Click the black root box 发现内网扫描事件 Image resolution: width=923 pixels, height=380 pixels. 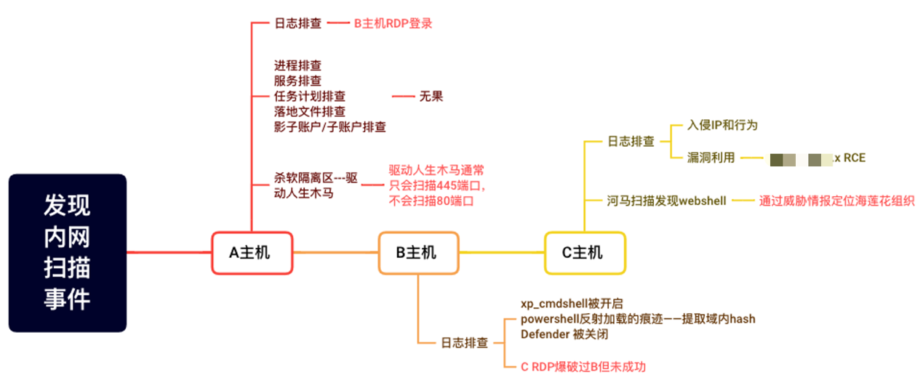pos(68,253)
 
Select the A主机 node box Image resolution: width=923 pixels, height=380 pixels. pos(252,253)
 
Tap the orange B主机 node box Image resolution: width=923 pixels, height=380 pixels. pos(418,253)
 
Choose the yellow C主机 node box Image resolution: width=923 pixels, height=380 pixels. pos(585,253)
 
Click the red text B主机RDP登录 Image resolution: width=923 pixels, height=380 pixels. pos(393,23)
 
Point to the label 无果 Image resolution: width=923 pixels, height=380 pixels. pos(431,96)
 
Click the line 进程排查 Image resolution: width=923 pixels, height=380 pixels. pos(298,65)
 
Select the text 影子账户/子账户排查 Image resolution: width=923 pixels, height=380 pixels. pos(329,127)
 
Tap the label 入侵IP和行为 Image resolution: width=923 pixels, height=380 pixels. pos(722,125)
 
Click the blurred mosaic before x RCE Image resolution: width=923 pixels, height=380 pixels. pos(801,158)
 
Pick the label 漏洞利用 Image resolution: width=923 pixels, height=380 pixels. pos(711,157)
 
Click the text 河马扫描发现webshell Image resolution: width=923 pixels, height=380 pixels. pos(666,200)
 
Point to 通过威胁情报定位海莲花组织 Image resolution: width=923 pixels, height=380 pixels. pos(836,200)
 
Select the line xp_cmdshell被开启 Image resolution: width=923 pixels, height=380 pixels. pos(572,303)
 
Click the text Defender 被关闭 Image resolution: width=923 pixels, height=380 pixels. pos(564,334)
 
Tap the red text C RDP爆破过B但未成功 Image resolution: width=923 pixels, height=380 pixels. pos(583,366)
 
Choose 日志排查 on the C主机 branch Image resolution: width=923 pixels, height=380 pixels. pos(630,141)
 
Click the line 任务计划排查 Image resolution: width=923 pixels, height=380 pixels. pos(310,96)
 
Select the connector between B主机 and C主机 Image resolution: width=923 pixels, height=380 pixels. pos(502,253)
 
